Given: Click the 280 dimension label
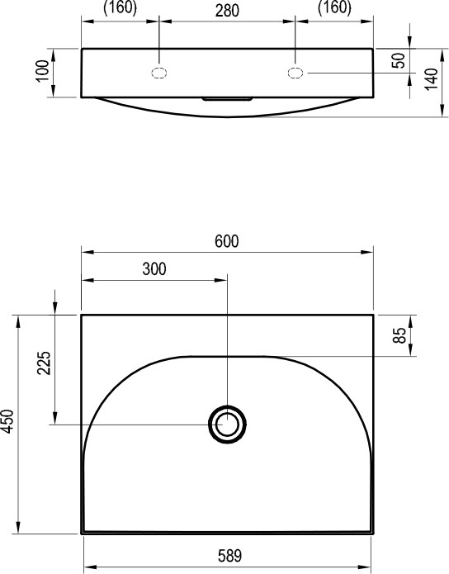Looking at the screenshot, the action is (x=227, y=11).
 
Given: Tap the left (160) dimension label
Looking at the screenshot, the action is (x=120, y=8).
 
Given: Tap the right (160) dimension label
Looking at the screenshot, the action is (x=334, y=8).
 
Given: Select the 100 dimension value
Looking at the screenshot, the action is (x=43, y=71).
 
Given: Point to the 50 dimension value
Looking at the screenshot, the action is (x=399, y=60).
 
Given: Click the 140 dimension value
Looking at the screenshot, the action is (x=432, y=78).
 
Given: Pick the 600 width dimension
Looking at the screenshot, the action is (x=227, y=241).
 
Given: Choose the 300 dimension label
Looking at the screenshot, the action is (x=154, y=269).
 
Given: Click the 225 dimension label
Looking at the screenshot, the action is (x=44, y=363).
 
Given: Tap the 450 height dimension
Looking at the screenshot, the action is (x=7, y=421).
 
